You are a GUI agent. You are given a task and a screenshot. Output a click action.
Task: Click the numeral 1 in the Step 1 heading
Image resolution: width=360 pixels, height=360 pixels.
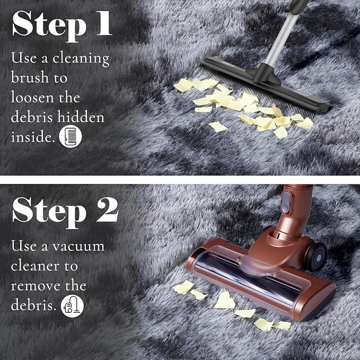104,23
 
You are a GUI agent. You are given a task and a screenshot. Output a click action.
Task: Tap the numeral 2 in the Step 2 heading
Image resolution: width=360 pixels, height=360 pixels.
107,210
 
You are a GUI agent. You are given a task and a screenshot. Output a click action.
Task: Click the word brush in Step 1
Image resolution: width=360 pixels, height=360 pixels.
30,77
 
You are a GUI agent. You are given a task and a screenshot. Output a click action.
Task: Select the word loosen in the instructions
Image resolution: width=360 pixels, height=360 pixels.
32,97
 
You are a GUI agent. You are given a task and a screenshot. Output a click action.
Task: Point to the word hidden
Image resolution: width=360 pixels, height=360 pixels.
81,117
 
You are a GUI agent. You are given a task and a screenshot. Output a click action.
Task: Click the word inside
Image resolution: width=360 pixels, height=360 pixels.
33,136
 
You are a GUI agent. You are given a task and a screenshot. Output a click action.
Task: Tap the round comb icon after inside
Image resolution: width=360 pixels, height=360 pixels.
71,136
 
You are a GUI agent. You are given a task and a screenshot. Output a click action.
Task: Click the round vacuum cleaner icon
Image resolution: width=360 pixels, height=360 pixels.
72,306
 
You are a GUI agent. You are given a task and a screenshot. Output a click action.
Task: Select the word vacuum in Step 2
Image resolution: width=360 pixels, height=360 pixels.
78,247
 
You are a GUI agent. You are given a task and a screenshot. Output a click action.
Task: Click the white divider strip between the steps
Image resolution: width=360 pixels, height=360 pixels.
180,180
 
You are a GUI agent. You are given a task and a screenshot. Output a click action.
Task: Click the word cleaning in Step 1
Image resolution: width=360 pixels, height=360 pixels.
81,58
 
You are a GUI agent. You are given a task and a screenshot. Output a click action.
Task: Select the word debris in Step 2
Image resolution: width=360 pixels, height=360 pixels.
33,305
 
